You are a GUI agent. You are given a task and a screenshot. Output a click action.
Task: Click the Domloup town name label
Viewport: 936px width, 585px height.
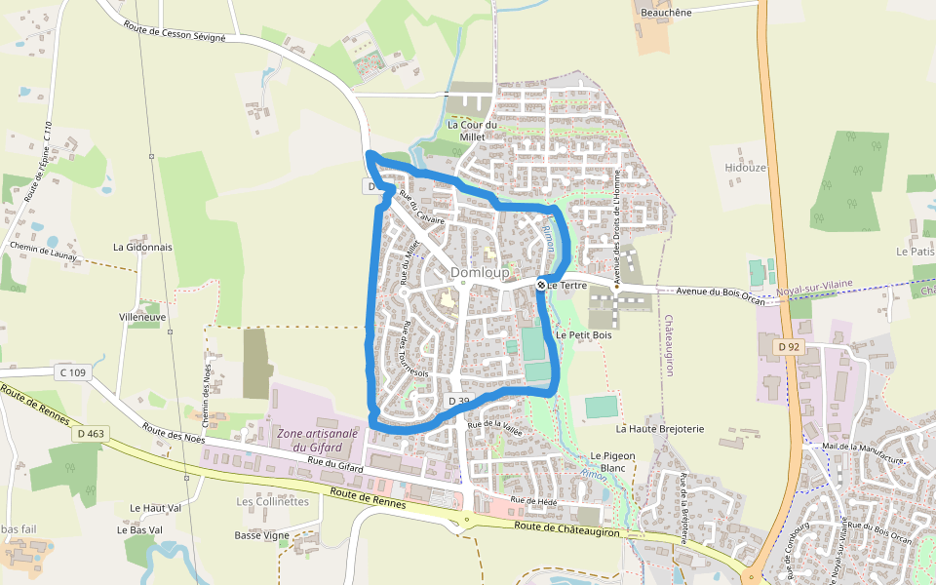click(480, 274)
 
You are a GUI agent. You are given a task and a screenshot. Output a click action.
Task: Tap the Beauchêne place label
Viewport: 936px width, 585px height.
click(667, 13)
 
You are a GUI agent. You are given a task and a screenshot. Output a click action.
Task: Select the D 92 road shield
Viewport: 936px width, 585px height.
click(789, 347)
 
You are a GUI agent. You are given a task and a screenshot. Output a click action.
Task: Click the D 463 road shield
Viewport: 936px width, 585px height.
click(89, 433)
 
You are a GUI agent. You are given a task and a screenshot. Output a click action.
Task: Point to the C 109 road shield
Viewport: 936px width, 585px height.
click(72, 372)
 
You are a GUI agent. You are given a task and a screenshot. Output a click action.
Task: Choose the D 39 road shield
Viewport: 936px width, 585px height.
click(459, 401)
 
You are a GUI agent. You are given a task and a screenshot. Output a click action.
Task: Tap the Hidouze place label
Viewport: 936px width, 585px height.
click(746, 168)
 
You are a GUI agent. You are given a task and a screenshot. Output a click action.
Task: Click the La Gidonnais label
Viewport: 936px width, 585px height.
click(142, 248)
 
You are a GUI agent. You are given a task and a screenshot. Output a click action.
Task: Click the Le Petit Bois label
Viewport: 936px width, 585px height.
click(583, 334)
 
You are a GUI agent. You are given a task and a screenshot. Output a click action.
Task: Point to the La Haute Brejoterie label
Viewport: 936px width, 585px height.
click(659, 428)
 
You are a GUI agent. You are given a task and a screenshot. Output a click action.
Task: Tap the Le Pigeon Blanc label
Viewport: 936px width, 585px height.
click(613, 462)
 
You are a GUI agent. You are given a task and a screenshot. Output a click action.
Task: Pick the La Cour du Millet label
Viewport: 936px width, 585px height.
click(472, 131)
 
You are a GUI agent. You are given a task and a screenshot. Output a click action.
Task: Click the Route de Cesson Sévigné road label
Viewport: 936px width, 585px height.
click(175, 29)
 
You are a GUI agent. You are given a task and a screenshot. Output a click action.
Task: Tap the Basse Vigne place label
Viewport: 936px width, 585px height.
click(262, 535)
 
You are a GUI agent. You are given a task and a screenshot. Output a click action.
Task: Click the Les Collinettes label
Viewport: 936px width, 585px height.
click(272, 502)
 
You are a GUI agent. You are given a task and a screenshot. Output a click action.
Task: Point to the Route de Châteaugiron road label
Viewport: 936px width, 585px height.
click(566, 527)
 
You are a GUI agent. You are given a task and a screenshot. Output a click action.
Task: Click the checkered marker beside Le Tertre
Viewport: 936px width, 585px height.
click(541, 285)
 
